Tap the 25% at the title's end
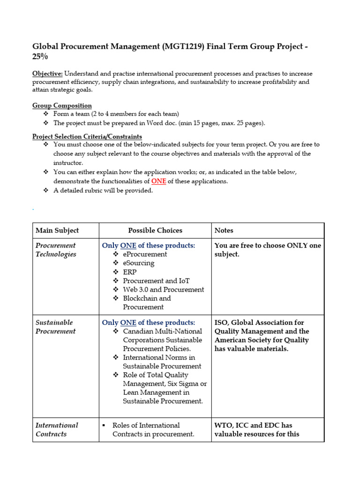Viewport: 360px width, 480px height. point(40,57)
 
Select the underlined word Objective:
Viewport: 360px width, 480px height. point(47,74)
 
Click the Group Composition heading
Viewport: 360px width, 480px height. point(62,105)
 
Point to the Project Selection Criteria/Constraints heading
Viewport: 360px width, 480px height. point(87,136)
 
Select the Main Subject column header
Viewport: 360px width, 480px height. point(57,230)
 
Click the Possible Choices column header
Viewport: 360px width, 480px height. point(155,230)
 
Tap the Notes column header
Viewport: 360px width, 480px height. point(224,230)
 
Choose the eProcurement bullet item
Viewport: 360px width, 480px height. point(145,254)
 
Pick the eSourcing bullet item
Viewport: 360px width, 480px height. point(138,263)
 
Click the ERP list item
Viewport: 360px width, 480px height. point(130,272)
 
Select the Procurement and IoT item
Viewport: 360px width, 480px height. point(156,281)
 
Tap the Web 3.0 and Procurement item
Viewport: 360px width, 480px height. point(163,290)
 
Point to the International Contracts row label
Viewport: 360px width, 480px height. point(57,429)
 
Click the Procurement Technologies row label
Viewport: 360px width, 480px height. point(56,249)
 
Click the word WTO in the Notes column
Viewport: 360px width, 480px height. point(224,425)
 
